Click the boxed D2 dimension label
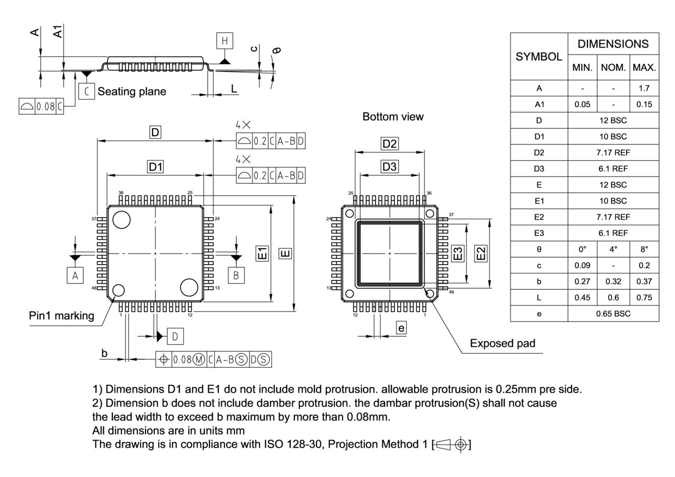click(390, 143)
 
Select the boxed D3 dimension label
click(390, 167)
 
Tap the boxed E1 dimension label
click(262, 254)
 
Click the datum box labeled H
click(225, 41)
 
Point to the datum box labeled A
click(75, 275)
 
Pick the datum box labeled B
click(236, 275)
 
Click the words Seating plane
click(132, 92)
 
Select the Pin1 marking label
click(61, 316)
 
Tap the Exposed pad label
click(503, 344)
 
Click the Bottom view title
click(393, 116)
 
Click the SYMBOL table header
click(538, 56)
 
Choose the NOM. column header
click(613, 68)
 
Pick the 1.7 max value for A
click(644, 89)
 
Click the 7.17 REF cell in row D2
click(613, 153)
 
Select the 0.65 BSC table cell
click(613, 314)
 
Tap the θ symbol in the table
click(539, 249)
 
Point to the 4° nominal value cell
click(613, 249)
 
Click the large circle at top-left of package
click(121, 220)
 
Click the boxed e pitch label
click(401, 328)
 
